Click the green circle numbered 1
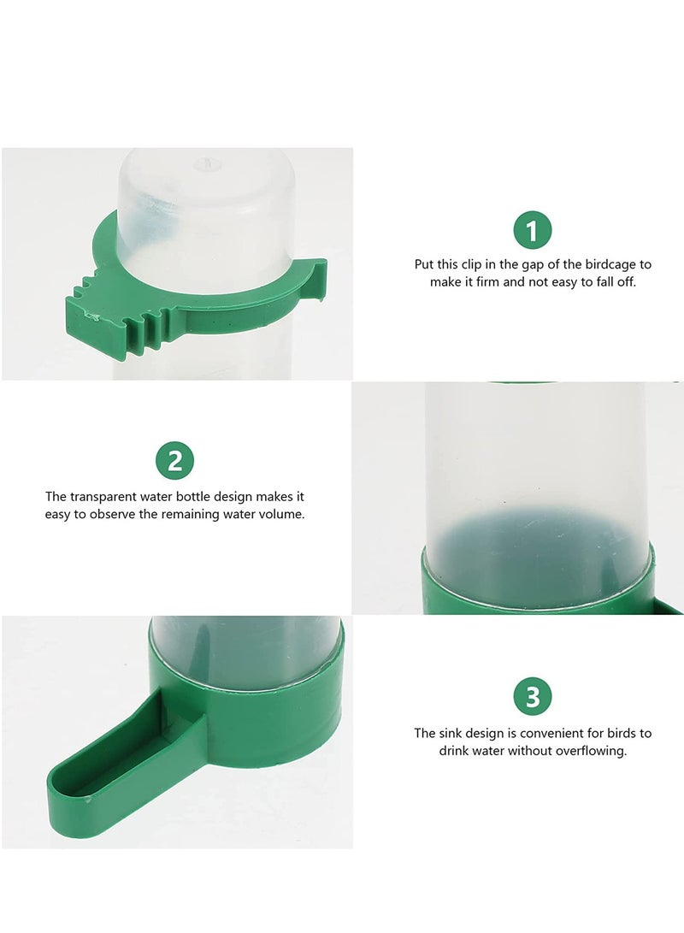pyautogui.click(x=533, y=231)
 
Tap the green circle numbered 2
pyautogui.click(x=174, y=462)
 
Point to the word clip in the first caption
pyautogui.click(x=481, y=265)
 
